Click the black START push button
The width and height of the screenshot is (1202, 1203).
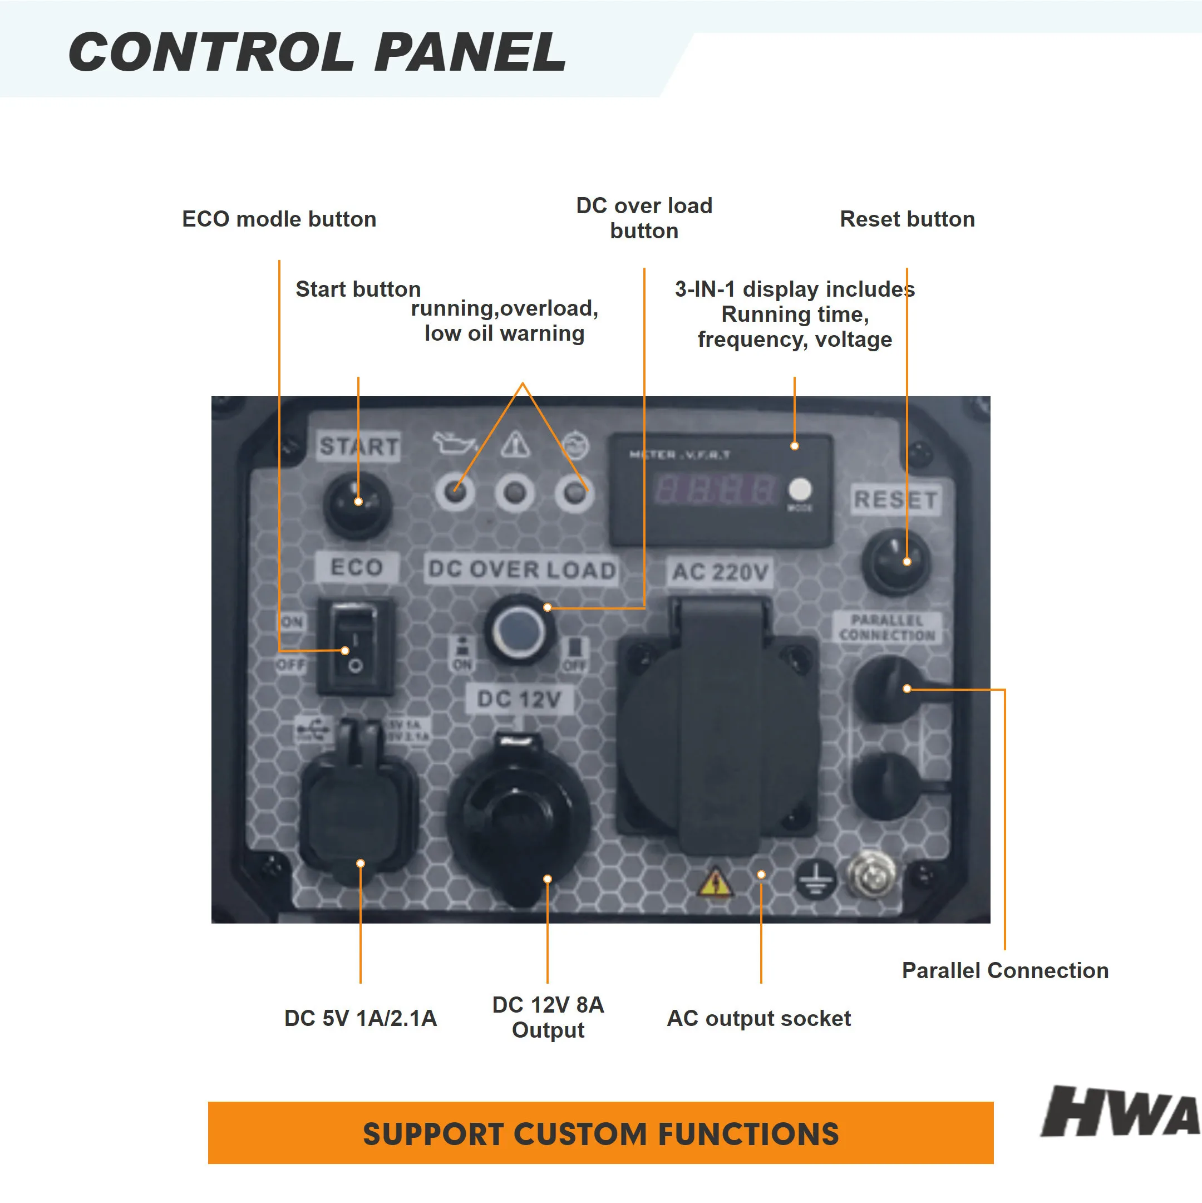(x=357, y=503)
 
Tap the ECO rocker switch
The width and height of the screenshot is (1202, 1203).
(x=355, y=646)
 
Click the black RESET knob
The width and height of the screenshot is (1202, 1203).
(x=895, y=562)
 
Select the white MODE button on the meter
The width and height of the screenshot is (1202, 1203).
(x=800, y=489)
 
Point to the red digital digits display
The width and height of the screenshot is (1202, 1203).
(x=715, y=489)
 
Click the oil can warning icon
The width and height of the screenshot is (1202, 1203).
(x=452, y=443)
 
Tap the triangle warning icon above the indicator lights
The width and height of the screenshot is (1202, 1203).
(x=515, y=445)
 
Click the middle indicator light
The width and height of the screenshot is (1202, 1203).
(x=515, y=494)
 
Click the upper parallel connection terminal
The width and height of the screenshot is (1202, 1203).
(x=887, y=690)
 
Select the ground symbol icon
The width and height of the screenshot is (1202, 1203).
(x=815, y=878)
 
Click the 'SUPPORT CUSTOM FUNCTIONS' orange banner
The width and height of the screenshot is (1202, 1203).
(x=600, y=1133)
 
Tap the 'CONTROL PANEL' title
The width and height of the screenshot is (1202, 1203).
(x=317, y=52)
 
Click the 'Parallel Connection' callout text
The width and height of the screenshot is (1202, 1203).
(x=1004, y=971)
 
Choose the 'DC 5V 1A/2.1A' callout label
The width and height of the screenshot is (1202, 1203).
(x=361, y=1019)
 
